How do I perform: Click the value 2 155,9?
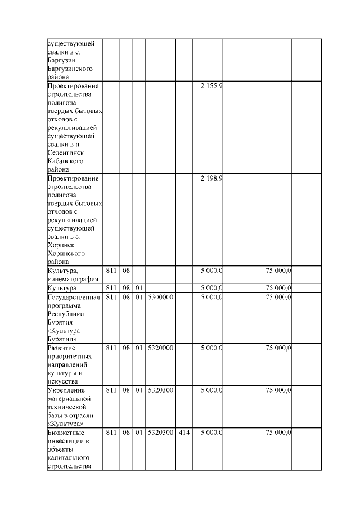click(211, 86)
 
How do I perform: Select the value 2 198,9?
click(211, 178)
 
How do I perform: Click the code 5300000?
click(160, 297)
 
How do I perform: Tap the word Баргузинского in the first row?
click(70, 68)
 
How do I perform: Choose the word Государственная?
click(74, 297)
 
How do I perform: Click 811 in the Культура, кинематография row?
click(111, 271)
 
